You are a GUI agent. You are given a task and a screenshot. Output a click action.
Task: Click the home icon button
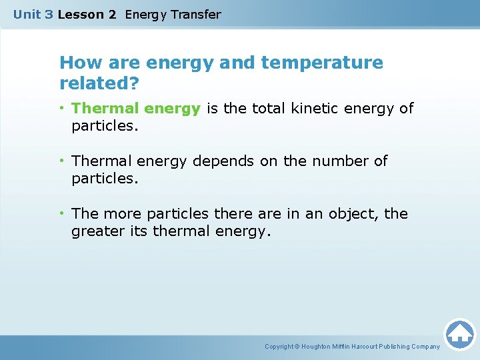coord(459,334)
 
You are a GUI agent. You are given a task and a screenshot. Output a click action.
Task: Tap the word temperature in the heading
coord(322,63)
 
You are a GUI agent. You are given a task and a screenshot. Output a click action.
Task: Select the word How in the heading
coord(75,63)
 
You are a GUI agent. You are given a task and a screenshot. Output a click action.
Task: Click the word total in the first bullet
coord(269,109)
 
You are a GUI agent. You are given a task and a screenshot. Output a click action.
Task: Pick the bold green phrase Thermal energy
coord(136,109)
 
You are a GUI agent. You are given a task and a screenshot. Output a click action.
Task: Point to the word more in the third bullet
coord(122,214)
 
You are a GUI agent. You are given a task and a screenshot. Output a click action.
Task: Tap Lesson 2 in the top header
coord(87,14)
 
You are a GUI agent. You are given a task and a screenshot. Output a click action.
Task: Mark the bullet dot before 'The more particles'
coord(63,214)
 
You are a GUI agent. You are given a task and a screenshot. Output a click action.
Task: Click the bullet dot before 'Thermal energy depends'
coord(63,161)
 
